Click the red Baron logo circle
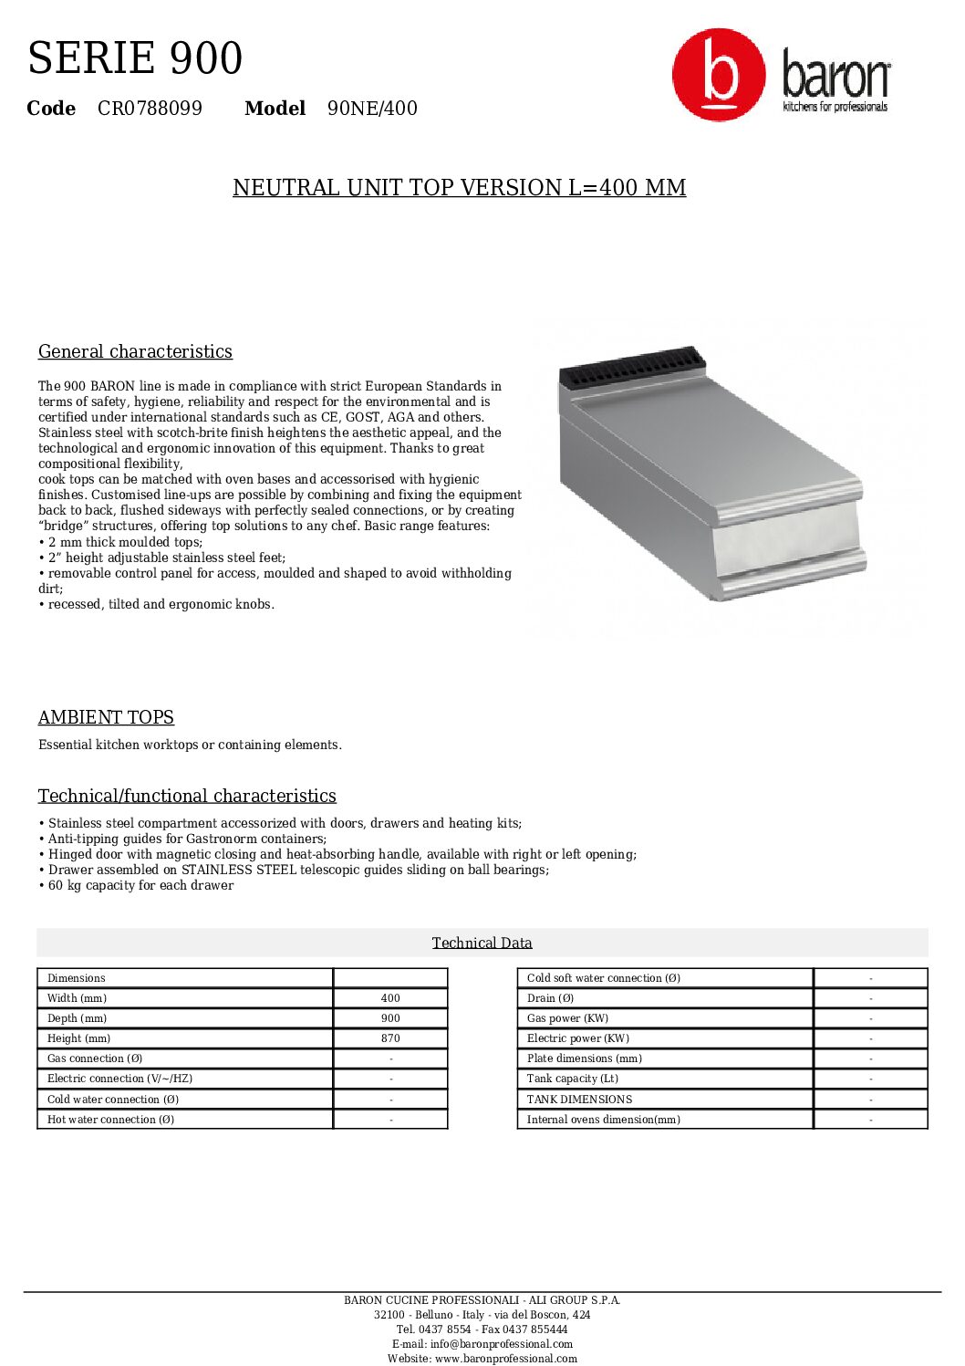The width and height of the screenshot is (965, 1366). click(x=719, y=75)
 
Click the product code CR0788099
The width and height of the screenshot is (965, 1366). click(x=150, y=109)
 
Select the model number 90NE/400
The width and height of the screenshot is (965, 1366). click(x=372, y=109)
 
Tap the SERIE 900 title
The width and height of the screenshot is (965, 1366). click(x=135, y=58)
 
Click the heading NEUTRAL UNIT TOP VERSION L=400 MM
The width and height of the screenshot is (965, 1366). click(x=459, y=188)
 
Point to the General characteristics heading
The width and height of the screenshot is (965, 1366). click(x=135, y=352)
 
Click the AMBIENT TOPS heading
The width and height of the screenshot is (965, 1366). click(x=106, y=718)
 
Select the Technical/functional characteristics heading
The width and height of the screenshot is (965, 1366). click(x=187, y=797)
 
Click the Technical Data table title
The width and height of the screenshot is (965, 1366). click(x=482, y=944)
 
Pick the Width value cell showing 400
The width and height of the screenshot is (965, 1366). click(x=390, y=998)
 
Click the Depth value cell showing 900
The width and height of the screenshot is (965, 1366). click(x=390, y=1018)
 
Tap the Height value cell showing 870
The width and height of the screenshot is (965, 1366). click(x=390, y=1038)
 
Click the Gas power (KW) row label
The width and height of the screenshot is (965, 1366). click(x=567, y=1018)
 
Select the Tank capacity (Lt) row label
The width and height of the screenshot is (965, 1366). click(x=572, y=1079)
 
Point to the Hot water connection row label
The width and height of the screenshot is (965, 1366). click(x=110, y=1120)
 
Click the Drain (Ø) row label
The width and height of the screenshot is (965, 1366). click(x=550, y=998)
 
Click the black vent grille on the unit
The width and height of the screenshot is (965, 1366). click(x=632, y=366)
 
